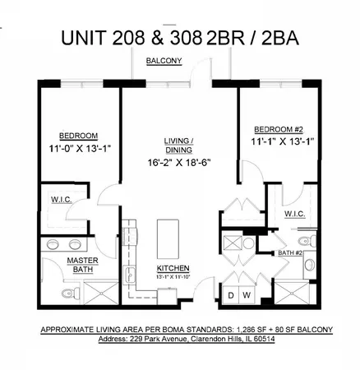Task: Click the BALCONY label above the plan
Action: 164,61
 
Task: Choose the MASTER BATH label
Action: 77,265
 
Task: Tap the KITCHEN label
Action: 173,268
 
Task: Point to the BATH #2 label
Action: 291,253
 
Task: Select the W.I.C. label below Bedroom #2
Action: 295,214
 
